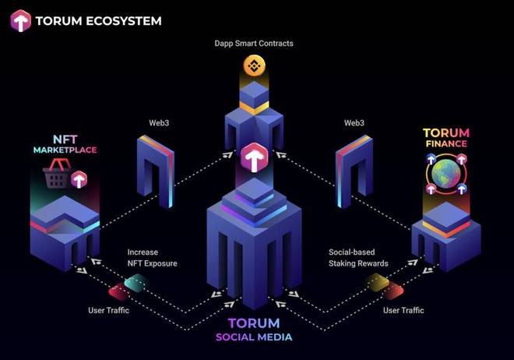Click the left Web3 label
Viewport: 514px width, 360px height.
160,123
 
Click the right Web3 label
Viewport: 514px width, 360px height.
354,123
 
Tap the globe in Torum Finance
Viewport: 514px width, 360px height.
445,175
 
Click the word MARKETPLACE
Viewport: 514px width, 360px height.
65,149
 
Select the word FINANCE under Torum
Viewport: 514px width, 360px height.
445,144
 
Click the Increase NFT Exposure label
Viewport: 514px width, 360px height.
153,258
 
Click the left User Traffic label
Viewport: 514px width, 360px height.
108,311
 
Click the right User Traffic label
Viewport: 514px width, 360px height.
403,311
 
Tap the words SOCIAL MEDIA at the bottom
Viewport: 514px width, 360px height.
255,337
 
